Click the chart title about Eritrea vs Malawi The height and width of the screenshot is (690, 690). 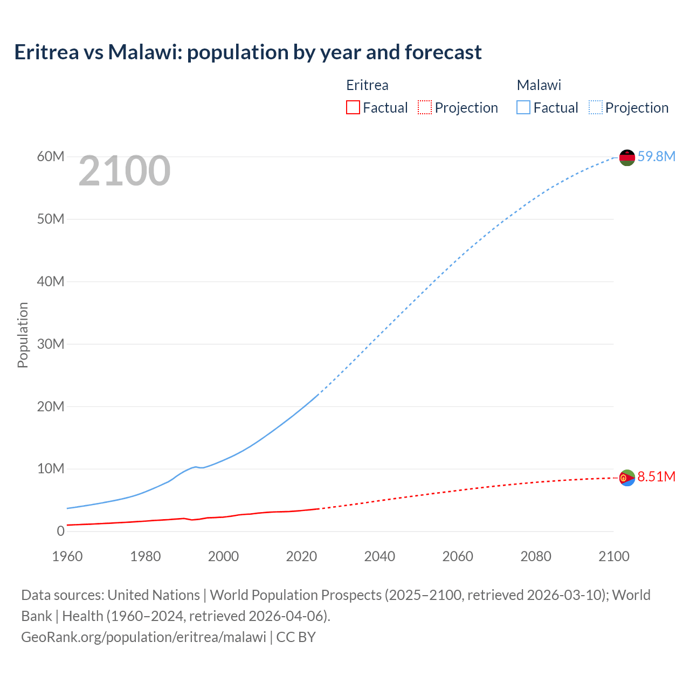(x=248, y=52)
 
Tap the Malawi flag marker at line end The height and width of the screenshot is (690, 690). (x=627, y=157)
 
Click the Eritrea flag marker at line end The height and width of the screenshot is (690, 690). (x=627, y=478)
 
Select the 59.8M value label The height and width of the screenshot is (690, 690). (x=656, y=156)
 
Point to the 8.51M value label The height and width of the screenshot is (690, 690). (x=656, y=477)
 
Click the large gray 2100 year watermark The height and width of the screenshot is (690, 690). (x=125, y=171)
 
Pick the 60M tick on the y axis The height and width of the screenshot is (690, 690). (x=51, y=156)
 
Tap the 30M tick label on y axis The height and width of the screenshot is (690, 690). (x=51, y=344)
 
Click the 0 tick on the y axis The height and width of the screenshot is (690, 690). (x=60, y=531)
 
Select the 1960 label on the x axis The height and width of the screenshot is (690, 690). (x=67, y=556)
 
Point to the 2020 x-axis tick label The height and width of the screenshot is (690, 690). (x=301, y=556)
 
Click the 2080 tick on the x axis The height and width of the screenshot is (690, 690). (x=536, y=556)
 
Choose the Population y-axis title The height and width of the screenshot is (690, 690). (x=23, y=335)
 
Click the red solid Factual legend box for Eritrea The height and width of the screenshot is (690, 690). (x=353, y=107)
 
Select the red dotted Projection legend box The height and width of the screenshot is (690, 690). (x=425, y=107)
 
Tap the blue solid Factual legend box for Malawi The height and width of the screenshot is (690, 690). (x=523, y=107)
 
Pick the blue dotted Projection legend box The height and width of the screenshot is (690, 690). (x=595, y=107)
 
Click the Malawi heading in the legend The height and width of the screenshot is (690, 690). (x=539, y=85)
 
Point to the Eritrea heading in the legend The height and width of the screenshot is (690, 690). (x=367, y=85)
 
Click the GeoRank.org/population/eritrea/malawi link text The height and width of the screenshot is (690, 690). (x=143, y=637)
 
